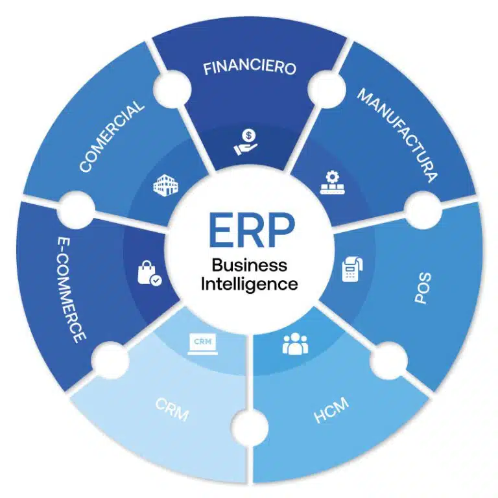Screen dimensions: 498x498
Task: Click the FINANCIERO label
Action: click(249, 68)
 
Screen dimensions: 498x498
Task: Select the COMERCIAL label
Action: click(112, 136)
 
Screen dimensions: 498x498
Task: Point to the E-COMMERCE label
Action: click(71, 290)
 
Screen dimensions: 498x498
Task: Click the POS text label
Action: click(423, 288)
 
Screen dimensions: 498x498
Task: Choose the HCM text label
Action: click(331, 410)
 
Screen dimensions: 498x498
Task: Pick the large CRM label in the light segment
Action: click(172, 410)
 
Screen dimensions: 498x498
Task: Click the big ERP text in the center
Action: click(252, 230)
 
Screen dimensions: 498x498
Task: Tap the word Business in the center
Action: click(249, 265)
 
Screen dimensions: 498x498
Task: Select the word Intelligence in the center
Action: click(249, 283)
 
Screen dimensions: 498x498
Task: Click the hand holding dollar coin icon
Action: click(246, 142)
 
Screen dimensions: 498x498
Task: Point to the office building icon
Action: click(165, 185)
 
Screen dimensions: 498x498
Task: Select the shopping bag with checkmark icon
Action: click(150, 273)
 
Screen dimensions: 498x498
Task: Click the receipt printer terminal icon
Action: click(353, 268)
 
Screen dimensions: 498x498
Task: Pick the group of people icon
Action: click(295, 343)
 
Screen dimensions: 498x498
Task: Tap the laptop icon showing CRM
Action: click(202, 344)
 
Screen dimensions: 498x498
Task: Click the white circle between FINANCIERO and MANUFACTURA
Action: click(327, 89)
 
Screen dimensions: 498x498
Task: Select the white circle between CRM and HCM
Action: click(250, 427)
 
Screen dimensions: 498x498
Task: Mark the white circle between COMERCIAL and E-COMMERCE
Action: click(77, 209)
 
